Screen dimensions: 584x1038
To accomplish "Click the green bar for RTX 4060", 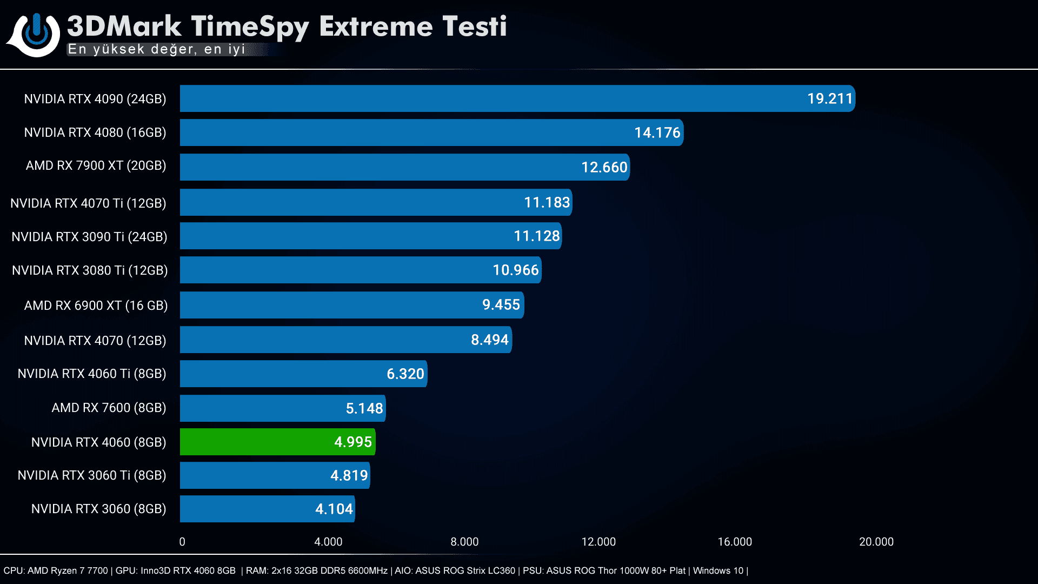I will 277,442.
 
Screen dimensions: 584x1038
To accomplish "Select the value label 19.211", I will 829,98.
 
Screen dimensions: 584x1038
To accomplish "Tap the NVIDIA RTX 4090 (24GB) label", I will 95,99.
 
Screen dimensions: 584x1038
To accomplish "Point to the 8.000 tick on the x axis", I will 464,542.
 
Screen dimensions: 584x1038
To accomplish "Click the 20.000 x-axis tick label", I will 876,542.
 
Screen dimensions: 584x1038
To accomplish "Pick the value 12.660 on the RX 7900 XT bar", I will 604,167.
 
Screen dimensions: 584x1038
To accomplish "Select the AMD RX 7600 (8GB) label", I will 109,408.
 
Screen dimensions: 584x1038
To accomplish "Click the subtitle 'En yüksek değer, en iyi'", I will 156,49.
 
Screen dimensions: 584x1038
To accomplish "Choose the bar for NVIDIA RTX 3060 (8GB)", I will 267,509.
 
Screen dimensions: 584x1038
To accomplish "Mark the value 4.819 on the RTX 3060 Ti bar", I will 349,475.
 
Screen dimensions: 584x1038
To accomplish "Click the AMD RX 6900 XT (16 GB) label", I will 96,306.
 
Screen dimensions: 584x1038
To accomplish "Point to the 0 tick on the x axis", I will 182,542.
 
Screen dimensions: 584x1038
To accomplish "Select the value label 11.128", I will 536,236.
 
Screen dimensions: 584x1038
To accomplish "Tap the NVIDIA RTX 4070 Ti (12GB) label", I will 88,203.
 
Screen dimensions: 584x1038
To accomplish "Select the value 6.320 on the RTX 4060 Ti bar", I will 405,374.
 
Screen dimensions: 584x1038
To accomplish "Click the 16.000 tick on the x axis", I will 734,542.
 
